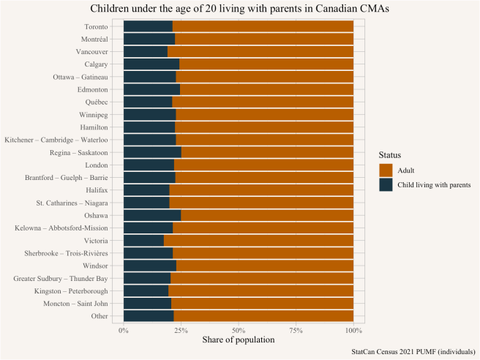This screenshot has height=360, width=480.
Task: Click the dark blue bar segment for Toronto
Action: [148, 26]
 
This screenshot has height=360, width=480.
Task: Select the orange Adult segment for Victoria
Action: [258, 240]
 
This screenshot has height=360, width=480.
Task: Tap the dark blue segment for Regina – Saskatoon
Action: [152, 152]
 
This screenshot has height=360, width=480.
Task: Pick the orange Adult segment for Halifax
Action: [261, 190]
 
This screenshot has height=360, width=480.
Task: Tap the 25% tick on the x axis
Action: [181, 330]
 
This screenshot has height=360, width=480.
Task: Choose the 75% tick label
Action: [296, 330]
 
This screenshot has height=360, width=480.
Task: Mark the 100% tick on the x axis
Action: [353, 330]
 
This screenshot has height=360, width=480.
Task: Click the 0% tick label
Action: [124, 330]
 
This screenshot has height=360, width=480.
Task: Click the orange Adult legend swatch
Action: [386, 170]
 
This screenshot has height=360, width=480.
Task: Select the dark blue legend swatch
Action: [386, 185]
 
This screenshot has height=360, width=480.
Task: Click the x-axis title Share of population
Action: [239, 340]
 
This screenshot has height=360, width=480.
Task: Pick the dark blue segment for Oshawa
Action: [152, 215]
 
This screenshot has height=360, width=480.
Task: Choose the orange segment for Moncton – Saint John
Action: [262, 303]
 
